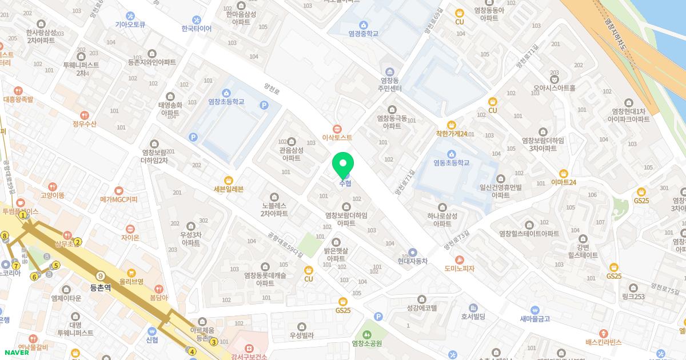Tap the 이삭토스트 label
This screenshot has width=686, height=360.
point(337,138)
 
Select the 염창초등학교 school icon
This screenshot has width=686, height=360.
point(226,93)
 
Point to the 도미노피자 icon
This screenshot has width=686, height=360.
point(459,259)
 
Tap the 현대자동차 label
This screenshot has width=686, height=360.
point(413,261)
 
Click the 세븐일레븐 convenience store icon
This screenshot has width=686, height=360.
point(229,180)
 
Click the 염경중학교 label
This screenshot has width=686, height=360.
point(364,34)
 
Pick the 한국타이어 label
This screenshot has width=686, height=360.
point(197,29)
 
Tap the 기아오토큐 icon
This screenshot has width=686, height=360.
point(130,16)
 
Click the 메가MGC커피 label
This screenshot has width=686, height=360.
point(119,199)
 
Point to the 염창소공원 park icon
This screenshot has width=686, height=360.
point(366,334)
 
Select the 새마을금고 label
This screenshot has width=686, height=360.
point(535,319)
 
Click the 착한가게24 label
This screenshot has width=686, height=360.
point(452,134)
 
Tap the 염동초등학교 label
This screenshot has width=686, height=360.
point(451,163)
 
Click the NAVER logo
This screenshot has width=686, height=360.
point(15,352)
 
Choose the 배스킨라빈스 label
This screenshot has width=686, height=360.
point(603,342)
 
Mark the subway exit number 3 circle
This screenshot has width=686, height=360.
point(213,342)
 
